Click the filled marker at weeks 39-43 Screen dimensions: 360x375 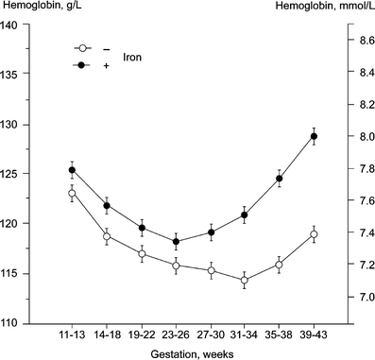(314, 136)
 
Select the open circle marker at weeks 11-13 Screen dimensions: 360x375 (72, 193)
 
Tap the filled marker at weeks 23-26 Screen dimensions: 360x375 (176, 242)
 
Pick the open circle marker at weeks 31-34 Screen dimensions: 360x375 (245, 281)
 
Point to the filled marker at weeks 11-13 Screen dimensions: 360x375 (72, 170)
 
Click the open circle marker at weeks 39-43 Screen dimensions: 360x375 (314, 234)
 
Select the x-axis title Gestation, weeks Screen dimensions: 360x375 (193, 354)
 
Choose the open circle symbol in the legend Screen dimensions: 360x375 (84, 48)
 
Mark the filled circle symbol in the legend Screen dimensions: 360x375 (84, 64)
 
